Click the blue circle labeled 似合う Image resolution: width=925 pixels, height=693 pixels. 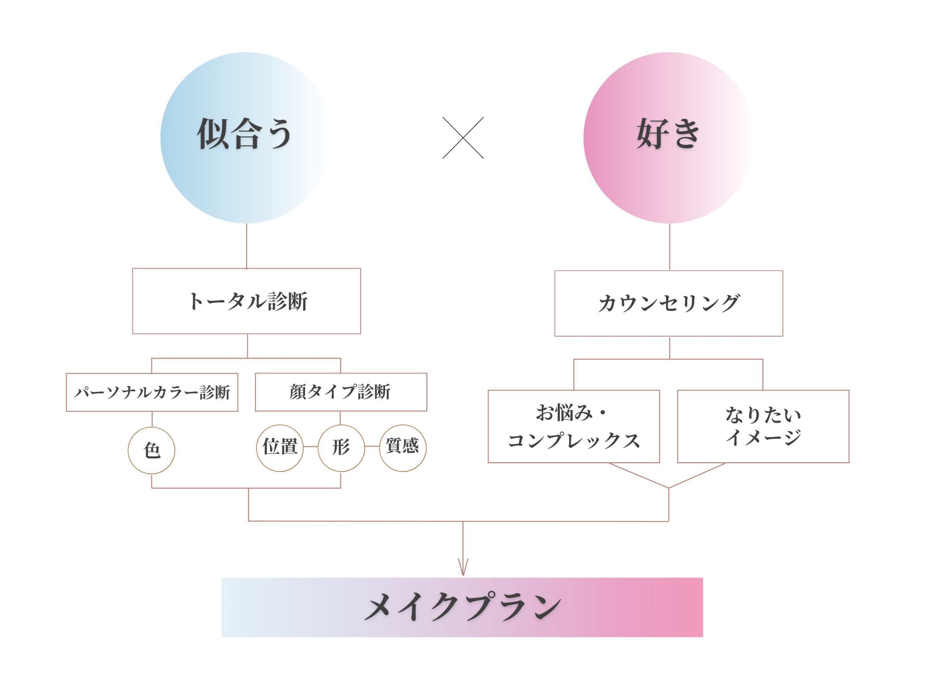[246, 138]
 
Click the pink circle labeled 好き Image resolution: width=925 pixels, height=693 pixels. [670, 138]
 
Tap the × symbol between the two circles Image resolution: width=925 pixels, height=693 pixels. [463, 138]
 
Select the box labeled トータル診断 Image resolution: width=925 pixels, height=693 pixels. [246, 301]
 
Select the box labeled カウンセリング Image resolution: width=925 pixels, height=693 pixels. [669, 303]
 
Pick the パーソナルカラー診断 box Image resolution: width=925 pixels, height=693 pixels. [152, 392]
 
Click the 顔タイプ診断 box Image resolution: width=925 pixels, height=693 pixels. [341, 392]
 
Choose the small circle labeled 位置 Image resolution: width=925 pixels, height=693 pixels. [280, 448]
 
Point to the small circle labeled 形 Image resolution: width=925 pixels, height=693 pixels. [341, 448]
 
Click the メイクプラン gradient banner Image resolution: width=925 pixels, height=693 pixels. [462, 607]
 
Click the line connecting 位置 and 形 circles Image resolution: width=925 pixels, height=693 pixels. [311, 446]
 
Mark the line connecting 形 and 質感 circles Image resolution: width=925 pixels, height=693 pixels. [372, 446]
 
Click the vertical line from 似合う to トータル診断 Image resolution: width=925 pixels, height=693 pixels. [246, 246]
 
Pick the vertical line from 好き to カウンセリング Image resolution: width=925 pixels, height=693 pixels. [670, 247]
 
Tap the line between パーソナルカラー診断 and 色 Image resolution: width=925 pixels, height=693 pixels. [152, 419]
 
